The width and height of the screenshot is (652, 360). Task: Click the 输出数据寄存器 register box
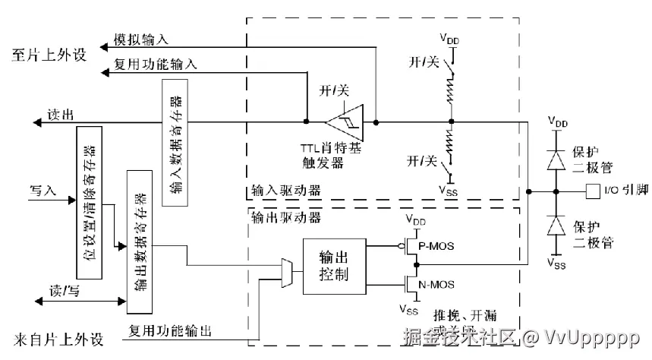[x=140, y=241]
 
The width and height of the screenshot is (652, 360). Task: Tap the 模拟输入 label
[x=140, y=39]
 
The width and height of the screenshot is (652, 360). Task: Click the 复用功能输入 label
[x=155, y=65]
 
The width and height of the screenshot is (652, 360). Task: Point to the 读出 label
[x=60, y=115]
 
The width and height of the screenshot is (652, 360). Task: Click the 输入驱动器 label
[x=285, y=190]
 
